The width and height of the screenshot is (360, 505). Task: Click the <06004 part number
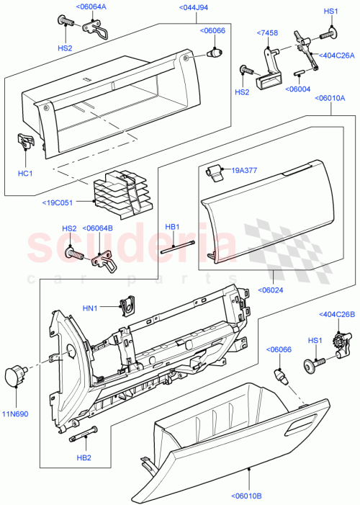click(297, 89)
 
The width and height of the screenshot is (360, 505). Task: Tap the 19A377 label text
click(244, 171)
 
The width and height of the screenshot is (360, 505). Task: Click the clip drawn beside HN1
click(128, 306)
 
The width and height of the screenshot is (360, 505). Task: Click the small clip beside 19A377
click(213, 171)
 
